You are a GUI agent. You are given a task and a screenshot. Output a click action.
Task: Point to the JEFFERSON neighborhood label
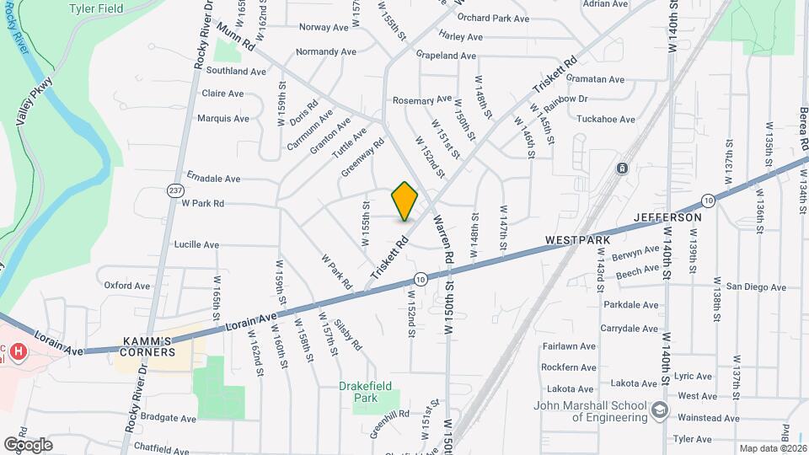coord(668,217)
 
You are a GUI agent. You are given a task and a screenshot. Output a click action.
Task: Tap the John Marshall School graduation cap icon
coord(660,411)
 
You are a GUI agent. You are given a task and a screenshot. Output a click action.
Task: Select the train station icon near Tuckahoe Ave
coord(623,169)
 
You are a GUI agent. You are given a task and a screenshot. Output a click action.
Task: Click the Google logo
coord(28,444)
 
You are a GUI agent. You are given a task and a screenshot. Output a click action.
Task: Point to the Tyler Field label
coord(120,8)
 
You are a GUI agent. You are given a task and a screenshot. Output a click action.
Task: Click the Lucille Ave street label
coord(196,245)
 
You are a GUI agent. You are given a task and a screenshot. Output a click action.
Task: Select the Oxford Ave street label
coord(126,286)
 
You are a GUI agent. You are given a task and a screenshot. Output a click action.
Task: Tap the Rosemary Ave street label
coord(422,100)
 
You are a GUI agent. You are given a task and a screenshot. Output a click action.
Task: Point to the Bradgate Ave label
coord(169,418)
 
